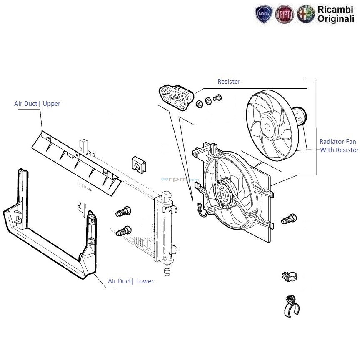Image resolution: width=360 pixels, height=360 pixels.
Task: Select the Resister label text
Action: pos(229,82)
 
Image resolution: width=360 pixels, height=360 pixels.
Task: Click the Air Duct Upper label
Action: pos(37,104)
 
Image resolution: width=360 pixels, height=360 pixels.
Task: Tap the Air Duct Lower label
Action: pos(130,281)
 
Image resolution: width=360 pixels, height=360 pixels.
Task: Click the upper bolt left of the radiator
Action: pos(123,212)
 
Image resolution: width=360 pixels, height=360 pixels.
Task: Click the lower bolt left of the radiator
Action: pos(124,230)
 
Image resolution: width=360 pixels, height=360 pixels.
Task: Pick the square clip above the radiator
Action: pos(139,164)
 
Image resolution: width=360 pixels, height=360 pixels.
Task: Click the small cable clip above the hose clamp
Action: pos(290,276)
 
